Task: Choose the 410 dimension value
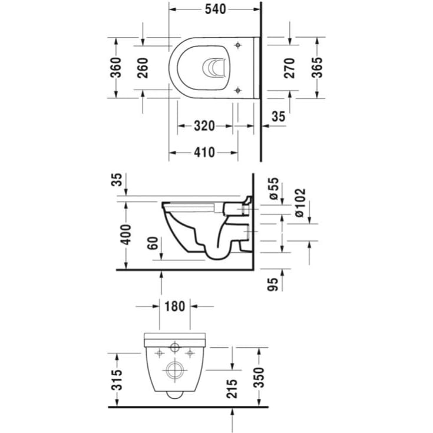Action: point(204,153)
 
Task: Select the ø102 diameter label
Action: point(300,203)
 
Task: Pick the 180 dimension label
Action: point(174,306)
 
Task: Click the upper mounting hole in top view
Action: point(237,45)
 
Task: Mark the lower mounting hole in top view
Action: point(237,90)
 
